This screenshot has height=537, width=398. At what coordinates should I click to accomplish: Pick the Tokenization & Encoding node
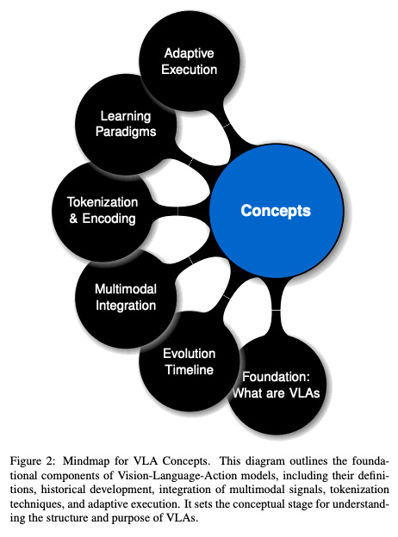[x=101, y=210]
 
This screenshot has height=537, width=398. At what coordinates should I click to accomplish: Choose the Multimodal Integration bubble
[x=125, y=297]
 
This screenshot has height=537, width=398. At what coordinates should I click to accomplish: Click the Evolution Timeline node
[x=188, y=361]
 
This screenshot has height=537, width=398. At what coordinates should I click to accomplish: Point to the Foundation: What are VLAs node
[x=275, y=385]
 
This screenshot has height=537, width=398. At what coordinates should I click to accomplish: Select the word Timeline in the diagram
[x=189, y=370]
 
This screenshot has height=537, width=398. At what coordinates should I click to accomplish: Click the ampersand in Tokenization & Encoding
[x=72, y=219]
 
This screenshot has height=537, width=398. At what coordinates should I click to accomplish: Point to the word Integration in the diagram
[x=126, y=306]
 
